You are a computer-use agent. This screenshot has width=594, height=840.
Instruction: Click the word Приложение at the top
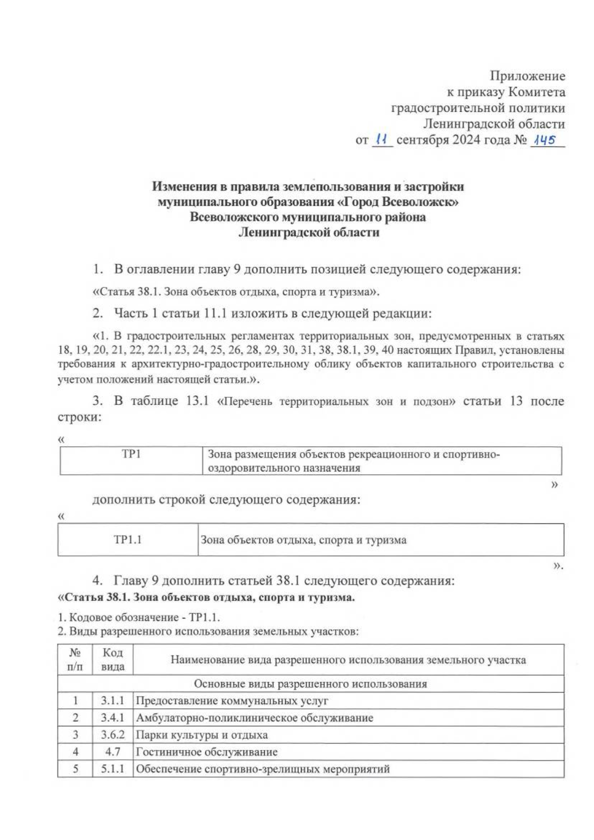(527, 76)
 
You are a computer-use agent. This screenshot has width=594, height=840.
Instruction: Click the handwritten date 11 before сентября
(381, 140)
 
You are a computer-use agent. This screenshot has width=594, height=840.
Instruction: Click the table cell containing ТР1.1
(128, 540)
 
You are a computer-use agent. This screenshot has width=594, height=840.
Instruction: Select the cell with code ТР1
(131, 454)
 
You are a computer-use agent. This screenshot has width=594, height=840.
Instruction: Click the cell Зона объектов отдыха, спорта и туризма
(303, 540)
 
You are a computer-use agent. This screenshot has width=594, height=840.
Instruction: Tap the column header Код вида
(112, 659)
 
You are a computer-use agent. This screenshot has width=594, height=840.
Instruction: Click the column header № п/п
(75, 659)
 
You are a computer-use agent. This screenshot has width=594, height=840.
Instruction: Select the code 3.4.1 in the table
(112, 718)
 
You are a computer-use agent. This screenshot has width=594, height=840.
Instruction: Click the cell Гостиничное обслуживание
(206, 752)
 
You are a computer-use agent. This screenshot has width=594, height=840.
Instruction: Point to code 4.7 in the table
(113, 752)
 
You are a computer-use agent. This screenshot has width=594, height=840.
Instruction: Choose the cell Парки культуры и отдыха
(201, 735)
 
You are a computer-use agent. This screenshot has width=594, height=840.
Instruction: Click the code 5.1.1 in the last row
(112, 769)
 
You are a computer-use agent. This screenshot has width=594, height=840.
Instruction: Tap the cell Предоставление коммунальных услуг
(232, 700)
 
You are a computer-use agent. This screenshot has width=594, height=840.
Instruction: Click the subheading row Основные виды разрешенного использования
(310, 684)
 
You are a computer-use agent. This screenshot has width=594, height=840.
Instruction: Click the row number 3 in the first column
(75, 735)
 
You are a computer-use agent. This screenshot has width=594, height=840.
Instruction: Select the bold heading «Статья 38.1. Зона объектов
(206, 597)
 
